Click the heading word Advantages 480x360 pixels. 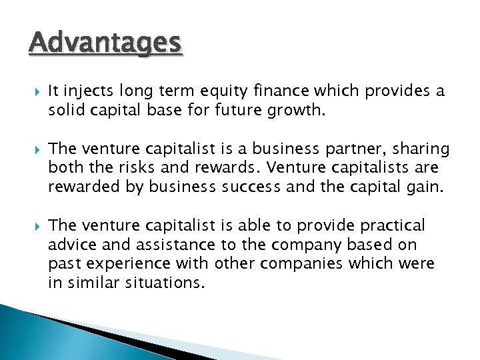click(x=105, y=43)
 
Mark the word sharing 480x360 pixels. click(x=420, y=148)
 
